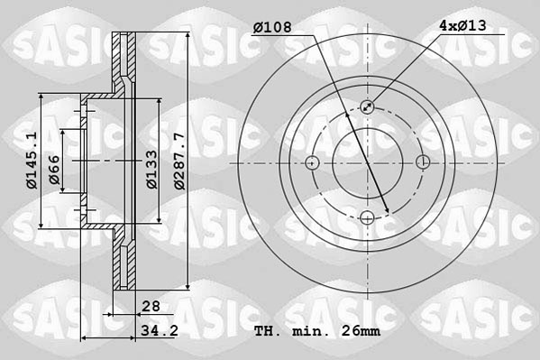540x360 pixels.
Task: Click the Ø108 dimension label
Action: [x=272, y=27]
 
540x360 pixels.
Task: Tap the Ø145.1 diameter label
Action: [x=30, y=160]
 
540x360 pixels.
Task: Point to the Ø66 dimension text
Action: [x=54, y=170]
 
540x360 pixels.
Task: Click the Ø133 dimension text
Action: [x=152, y=168]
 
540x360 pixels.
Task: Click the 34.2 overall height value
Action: [x=157, y=331]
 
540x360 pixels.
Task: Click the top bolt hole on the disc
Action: [x=367, y=107]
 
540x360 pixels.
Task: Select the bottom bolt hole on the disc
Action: [x=367, y=217]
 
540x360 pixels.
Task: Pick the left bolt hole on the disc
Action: [x=312, y=162]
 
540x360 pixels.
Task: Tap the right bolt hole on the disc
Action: [x=422, y=162]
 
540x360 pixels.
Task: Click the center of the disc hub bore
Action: [x=367, y=162]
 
